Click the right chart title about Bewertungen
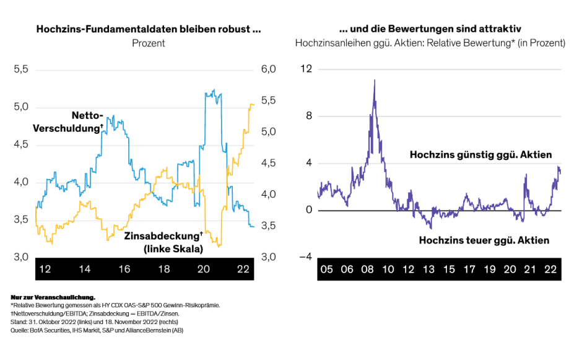(430, 29)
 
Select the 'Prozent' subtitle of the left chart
(149, 43)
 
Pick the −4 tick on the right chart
(304, 257)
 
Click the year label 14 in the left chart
(84, 270)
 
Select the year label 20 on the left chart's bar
(204, 270)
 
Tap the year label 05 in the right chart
(327, 270)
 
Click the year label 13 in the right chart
(428, 270)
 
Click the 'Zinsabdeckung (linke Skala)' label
(163, 242)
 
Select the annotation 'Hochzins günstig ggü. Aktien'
(480, 155)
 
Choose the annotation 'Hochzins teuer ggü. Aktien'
(484, 240)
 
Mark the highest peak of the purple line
(375, 80)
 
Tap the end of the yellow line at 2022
(253, 105)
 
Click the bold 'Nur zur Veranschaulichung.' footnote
(54, 298)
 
